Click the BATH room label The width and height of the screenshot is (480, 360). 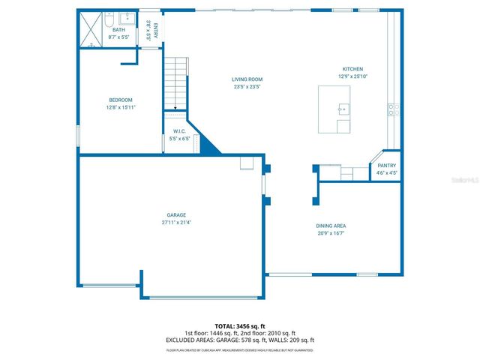(119, 31)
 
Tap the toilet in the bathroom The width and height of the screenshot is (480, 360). (109, 18)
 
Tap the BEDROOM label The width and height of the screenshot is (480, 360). (120, 100)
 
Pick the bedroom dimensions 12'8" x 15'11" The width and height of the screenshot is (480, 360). (120, 107)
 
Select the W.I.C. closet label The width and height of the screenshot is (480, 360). (179, 131)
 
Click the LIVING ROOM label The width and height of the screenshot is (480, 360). (247, 79)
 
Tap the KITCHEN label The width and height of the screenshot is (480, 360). (352, 69)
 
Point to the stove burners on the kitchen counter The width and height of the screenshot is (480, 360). (391, 109)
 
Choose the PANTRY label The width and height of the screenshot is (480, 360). (386, 166)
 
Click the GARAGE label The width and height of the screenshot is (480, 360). (176, 215)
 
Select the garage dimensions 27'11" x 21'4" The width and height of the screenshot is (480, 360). (176, 223)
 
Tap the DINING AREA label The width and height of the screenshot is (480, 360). (331, 226)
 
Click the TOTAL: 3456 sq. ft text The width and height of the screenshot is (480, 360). (240, 327)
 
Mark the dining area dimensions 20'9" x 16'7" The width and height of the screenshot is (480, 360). (331, 233)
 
